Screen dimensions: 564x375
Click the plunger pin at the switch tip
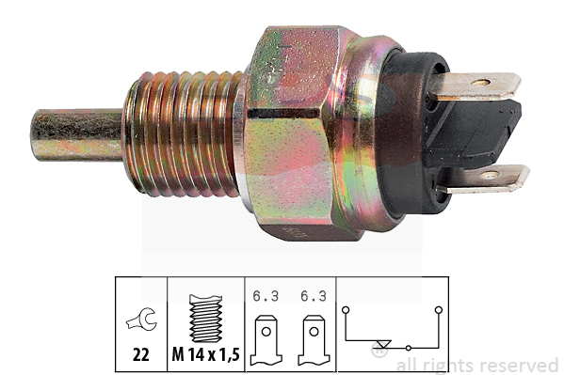pos(77,134)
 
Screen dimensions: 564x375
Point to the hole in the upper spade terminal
pos(480,83)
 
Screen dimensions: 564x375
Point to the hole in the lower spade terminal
pos(490,176)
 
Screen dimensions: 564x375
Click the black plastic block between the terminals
pos(475,133)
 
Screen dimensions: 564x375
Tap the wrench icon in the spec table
pos(142,319)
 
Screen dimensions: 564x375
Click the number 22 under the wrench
pos(141,355)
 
